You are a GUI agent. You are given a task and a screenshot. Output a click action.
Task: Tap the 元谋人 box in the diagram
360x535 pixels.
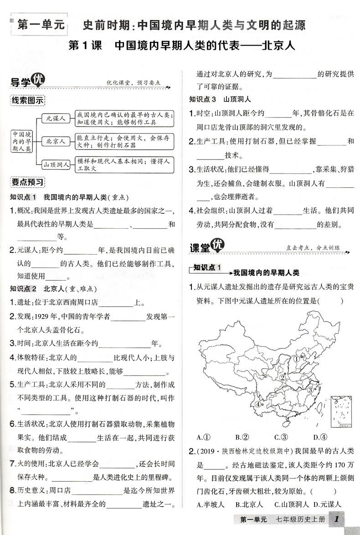click(56, 118)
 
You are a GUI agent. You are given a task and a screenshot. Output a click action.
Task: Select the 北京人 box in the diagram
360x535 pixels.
click(56, 142)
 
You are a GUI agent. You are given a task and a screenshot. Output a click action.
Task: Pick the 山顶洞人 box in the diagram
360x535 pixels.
click(56, 165)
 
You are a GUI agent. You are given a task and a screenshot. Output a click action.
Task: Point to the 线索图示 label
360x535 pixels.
click(28, 100)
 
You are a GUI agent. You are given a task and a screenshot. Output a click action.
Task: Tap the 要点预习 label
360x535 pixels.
click(28, 182)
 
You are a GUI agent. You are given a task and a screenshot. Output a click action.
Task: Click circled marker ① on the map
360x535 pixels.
click(296, 359)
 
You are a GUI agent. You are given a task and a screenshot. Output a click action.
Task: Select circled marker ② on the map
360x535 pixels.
click(283, 377)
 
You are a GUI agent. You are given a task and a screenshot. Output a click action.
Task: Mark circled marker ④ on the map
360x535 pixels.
click(258, 404)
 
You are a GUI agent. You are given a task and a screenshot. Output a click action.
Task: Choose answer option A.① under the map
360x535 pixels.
click(203, 437)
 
